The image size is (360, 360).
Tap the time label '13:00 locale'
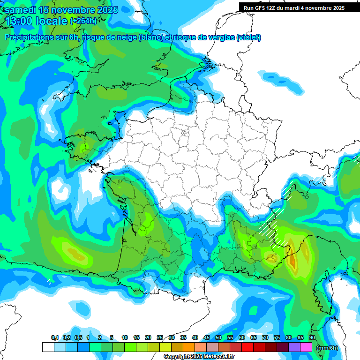(x=36, y=21)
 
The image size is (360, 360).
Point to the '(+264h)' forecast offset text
(x=83, y=21)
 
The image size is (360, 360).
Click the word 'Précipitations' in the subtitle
(x=29, y=37)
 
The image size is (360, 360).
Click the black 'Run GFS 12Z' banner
(x=293, y=7)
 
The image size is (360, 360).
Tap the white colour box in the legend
(x=48, y=347)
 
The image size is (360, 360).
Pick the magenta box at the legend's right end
(x=306, y=347)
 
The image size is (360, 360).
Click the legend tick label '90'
(x=312, y=338)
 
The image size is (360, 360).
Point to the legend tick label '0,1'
(x=54, y=338)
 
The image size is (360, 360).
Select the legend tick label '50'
(x=218, y=338)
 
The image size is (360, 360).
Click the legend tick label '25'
(x=160, y=338)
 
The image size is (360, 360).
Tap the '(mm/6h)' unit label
(x=327, y=348)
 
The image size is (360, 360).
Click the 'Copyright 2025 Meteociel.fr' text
(x=199, y=357)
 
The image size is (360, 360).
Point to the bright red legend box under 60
(x=247, y=347)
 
